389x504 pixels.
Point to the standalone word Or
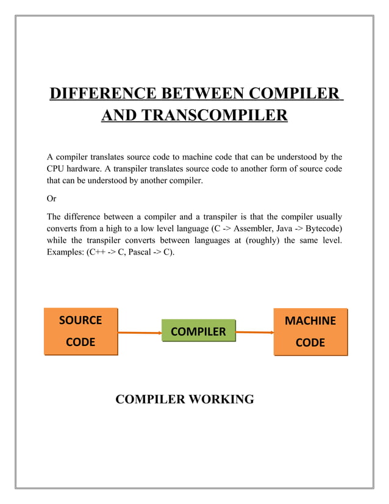coord(52,198)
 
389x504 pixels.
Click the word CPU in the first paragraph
coord(57,169)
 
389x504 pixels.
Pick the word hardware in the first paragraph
coord(87,169)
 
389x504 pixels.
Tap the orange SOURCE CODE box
coord(80,331)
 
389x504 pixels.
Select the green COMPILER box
coord(198,331)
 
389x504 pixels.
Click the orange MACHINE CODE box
coord(310,331)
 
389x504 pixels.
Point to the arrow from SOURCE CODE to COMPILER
coord(139,333)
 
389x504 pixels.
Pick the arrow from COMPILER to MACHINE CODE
coord(254,333)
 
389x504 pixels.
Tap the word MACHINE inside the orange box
coord(310,320)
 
